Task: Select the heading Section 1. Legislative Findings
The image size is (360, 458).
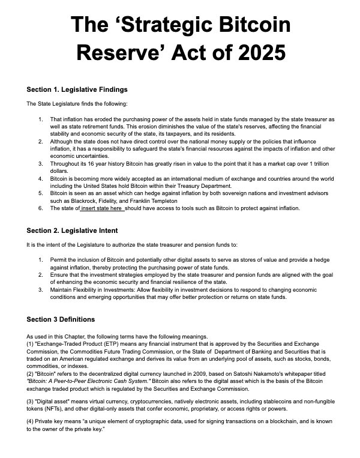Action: tap(77, 89)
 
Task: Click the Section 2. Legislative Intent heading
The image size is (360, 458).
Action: tap(72, 230)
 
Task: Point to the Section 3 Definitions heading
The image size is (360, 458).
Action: tap(61, 319)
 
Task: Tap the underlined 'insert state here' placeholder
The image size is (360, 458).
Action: tap(103, 208)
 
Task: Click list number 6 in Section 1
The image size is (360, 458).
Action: tap(40, 208)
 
